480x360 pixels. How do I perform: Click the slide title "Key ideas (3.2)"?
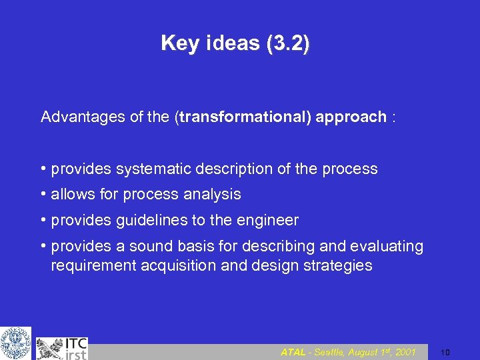point(235,43)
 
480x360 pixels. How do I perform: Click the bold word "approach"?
point(351,117)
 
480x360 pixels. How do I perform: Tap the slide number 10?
point(446,352)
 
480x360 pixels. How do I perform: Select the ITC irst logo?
point(62,348)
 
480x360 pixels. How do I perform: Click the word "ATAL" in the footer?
point(293,352)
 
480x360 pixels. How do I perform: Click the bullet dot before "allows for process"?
point(43,195)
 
